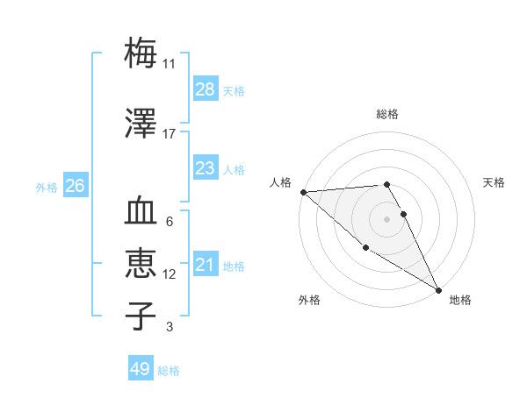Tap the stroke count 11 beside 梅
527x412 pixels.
click(x=170, y=64)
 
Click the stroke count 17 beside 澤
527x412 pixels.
click(x=170, y=134)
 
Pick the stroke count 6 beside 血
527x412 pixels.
click(x=170, y=222)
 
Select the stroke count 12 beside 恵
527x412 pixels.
click(x=170, y=274)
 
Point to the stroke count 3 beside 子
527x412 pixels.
click(x=170, y=327)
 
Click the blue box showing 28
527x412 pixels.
click(x=205, y=89)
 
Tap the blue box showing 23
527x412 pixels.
click(x=205, y=168)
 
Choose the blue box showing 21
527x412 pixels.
click(x=205, y=265)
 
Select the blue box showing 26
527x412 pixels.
click(x=76, y=186)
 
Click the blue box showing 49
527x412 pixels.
click(x=141, y=369)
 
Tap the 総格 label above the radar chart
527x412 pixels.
click(x=387, y=114)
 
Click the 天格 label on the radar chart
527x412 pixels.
click(x=495, y=182)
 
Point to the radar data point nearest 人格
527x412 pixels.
click(x=303, y=192)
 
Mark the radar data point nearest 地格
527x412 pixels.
click(x=438, y=289)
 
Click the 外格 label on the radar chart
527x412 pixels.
click(x=309, y=300)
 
